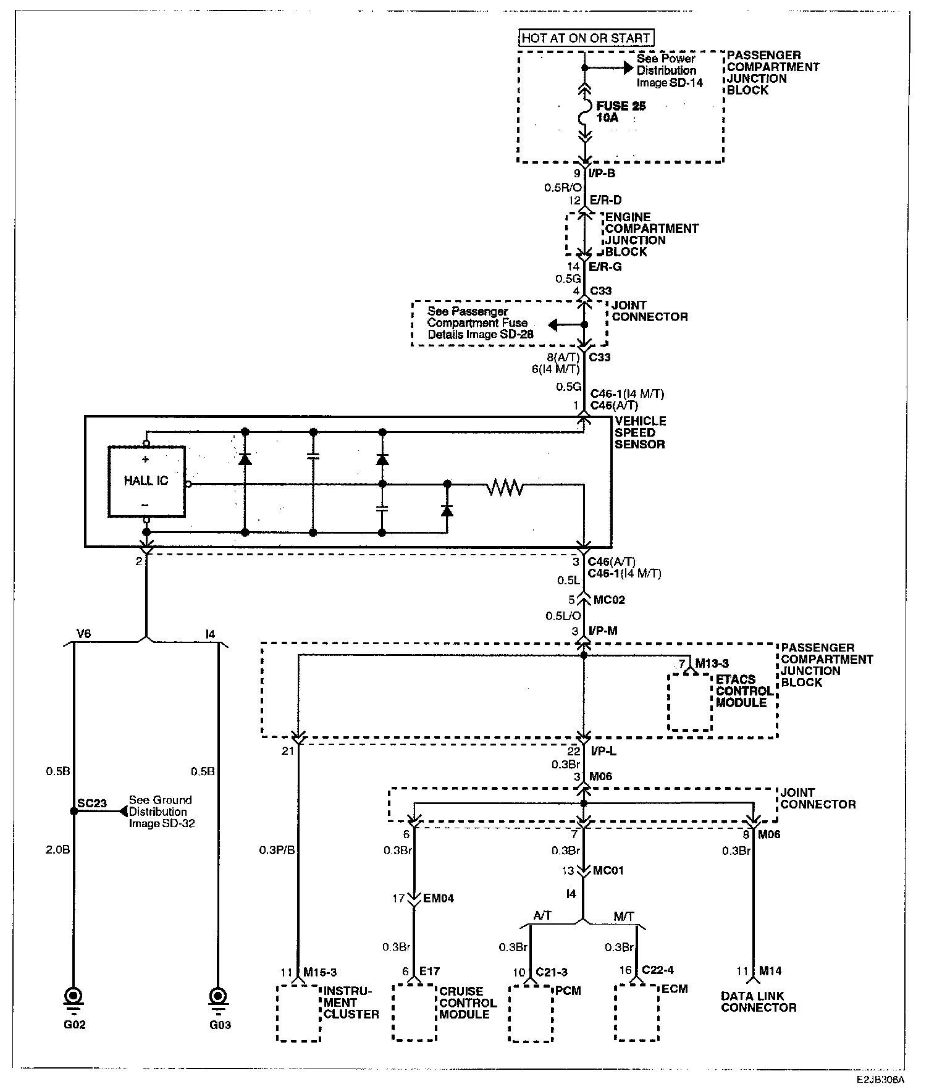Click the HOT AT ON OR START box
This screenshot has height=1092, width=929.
pyautogui.click(x=585, y=38)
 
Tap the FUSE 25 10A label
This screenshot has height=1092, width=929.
pyautogui.click(x=621, y=112)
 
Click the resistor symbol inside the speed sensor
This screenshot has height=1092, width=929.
pyautogui.click(x=505, y=489)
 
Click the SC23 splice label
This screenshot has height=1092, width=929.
pyautogui.click(x=92, y=804)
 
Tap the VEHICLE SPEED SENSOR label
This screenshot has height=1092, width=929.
pyautogui.click(x=641, y=432)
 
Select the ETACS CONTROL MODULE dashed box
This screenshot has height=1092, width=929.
pyautogui.click(x=691, y=702)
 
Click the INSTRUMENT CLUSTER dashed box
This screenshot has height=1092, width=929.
pyautogui.click(x=298, y=1013)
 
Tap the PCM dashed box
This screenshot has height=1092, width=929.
pyautogui.click(x=531, y=1013)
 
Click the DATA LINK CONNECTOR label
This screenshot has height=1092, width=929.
pyautogui.click(x=759, y=1002)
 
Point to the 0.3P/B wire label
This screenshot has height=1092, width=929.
pyautogui.click(x=277, y=850)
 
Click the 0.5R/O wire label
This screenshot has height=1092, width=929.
pyautogui.click(x=563, y=188)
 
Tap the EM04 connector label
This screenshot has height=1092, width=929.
pyautogui.click(x=439, y=899)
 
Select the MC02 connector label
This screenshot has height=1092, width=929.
pyautogui.click(x=609, y=600)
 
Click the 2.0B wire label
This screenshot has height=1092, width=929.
pyautogui.click(x=57, y=849)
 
